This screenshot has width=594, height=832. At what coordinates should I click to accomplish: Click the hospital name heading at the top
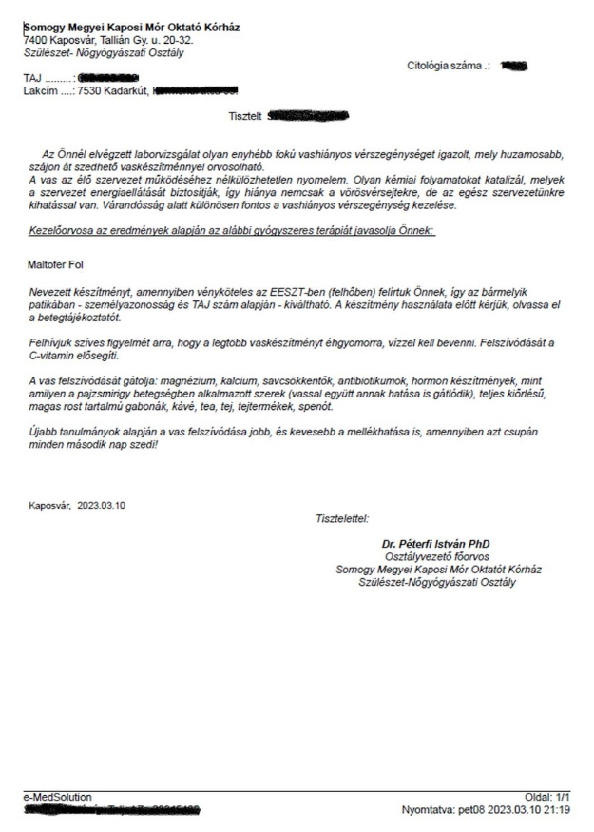point(131,28)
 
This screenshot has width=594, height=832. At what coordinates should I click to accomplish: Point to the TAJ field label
point(33,79)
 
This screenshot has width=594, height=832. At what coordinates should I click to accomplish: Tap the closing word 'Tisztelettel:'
point(341,518)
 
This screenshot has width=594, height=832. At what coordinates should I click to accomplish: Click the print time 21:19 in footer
point(563,810)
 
